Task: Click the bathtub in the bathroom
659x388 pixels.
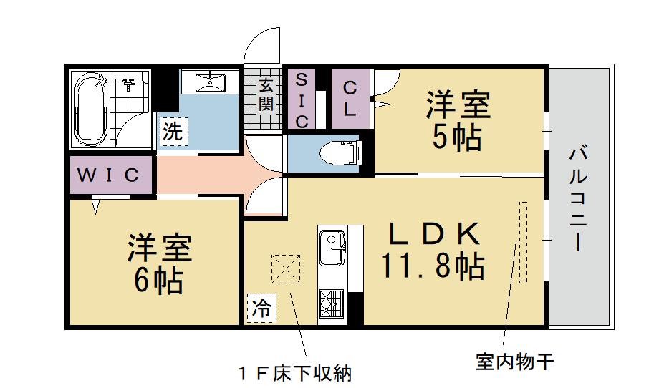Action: tap(92, 108)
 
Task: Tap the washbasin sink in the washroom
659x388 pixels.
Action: tap(209, 82)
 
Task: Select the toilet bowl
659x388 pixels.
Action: tap(337, 152)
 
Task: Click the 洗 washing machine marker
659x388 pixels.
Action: tap(173, 131)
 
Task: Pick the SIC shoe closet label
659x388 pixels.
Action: tap(302, 100)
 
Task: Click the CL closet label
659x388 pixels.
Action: tap(350, 98)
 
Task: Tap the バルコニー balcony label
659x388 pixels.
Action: tap(579, 198)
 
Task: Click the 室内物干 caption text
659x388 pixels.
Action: tap(514, 362)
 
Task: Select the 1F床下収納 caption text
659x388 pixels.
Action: tap(295, 372)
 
